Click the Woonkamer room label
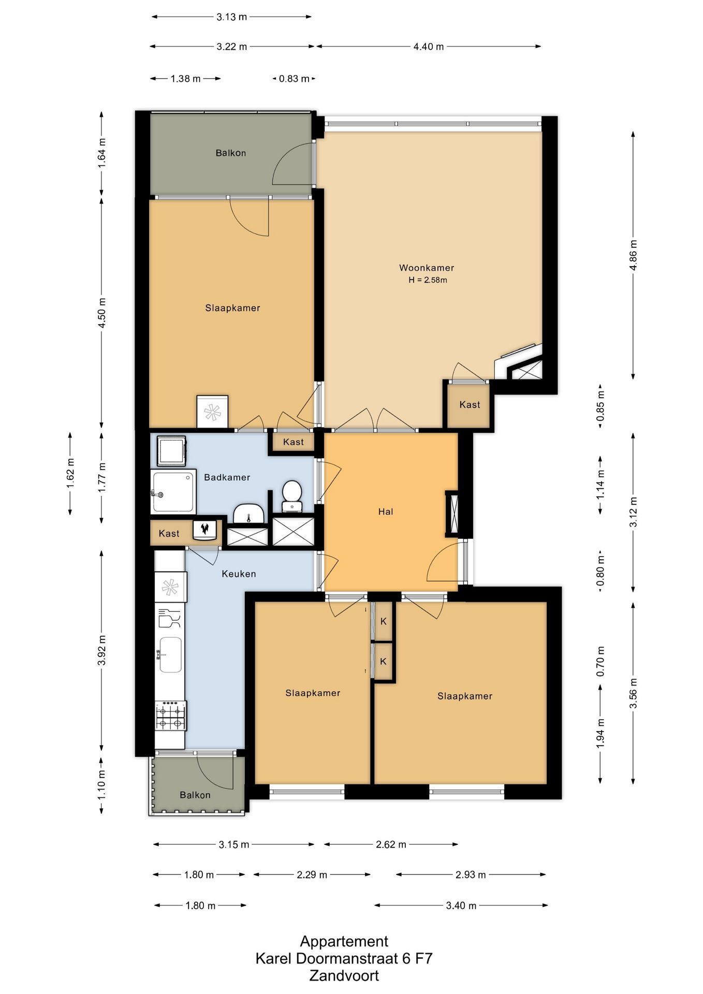pos(426,268)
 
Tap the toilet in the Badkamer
pos(292,496)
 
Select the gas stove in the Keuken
pos(171,715)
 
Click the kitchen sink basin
pos(170,654)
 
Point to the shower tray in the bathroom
pos(173,491)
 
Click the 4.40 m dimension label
pos(428,47)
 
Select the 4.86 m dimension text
pos(633,255)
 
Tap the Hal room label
pos(386,511)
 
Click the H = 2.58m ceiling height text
pos(428,280)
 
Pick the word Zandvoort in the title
pos(344,976)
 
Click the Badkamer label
pos(227,477)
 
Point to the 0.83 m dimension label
pos(294,79)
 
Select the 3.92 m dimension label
pos(101,651)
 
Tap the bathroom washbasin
pos(248,514)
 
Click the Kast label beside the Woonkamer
pos(470,405)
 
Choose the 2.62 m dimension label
pos(391,844)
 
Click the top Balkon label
pos(231,153)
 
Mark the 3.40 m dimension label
pos(461,905)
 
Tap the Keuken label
pos(239,574)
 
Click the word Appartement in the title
pos(344,941)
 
